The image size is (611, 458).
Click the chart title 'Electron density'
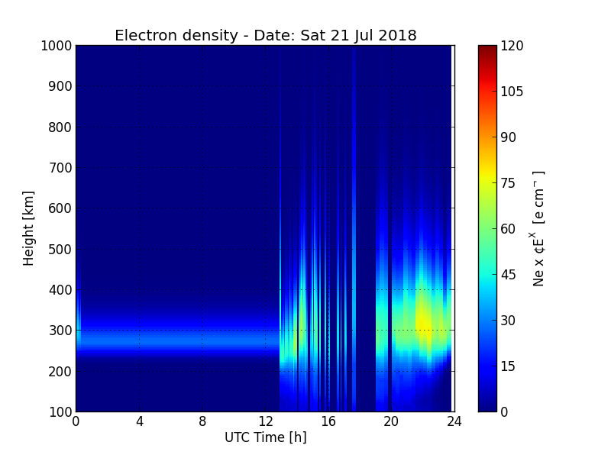(176, 36)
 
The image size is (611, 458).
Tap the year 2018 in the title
(397, 35)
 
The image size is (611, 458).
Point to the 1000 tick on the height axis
(57, 46)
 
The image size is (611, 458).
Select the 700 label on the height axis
(60, 168)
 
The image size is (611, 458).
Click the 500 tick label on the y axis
(60, 250)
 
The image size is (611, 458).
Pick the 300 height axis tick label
(60, 331)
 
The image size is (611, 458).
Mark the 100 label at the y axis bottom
(60, 412)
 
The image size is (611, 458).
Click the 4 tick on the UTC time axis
(139, 421)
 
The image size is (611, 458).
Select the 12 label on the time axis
(265, 421)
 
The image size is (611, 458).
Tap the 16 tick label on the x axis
(328, 421)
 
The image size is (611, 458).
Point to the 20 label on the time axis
(391, 421)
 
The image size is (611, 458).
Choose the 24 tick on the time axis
(454, 421)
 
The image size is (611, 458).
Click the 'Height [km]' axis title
(28, 228)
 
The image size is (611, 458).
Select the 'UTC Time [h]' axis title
(266, 437)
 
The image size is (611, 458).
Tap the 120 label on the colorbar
(512, 46)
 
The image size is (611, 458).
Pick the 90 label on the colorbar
(508, 137)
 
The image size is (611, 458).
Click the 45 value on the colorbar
(508, 275)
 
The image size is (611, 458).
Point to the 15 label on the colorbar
(508, 366)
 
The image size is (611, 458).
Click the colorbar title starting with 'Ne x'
(538, 229)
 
